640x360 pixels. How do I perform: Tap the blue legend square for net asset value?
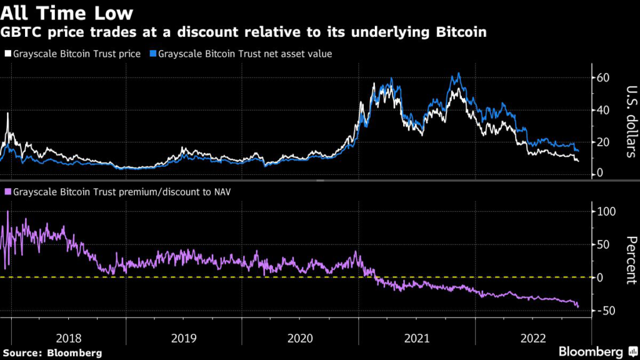pos(153,54)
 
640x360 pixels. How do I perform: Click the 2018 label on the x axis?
pos(68,338)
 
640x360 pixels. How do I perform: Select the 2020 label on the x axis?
pos(300,338)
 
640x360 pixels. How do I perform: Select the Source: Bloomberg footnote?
pos(51,352)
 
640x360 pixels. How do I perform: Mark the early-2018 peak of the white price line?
pos(8,113)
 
